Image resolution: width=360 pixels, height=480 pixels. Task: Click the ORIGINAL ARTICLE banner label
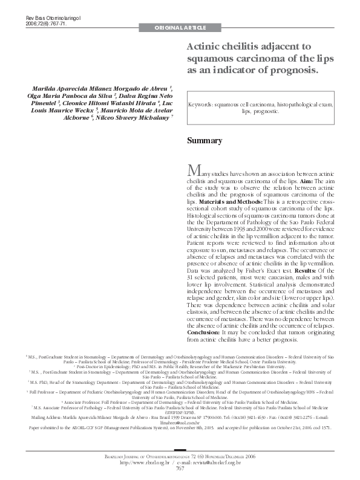click(180, 28)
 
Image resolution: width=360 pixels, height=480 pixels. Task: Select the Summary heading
click(205, 141)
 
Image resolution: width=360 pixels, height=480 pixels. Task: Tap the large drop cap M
click(194, 168)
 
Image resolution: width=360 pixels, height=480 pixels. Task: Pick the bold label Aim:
click(306, 181)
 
